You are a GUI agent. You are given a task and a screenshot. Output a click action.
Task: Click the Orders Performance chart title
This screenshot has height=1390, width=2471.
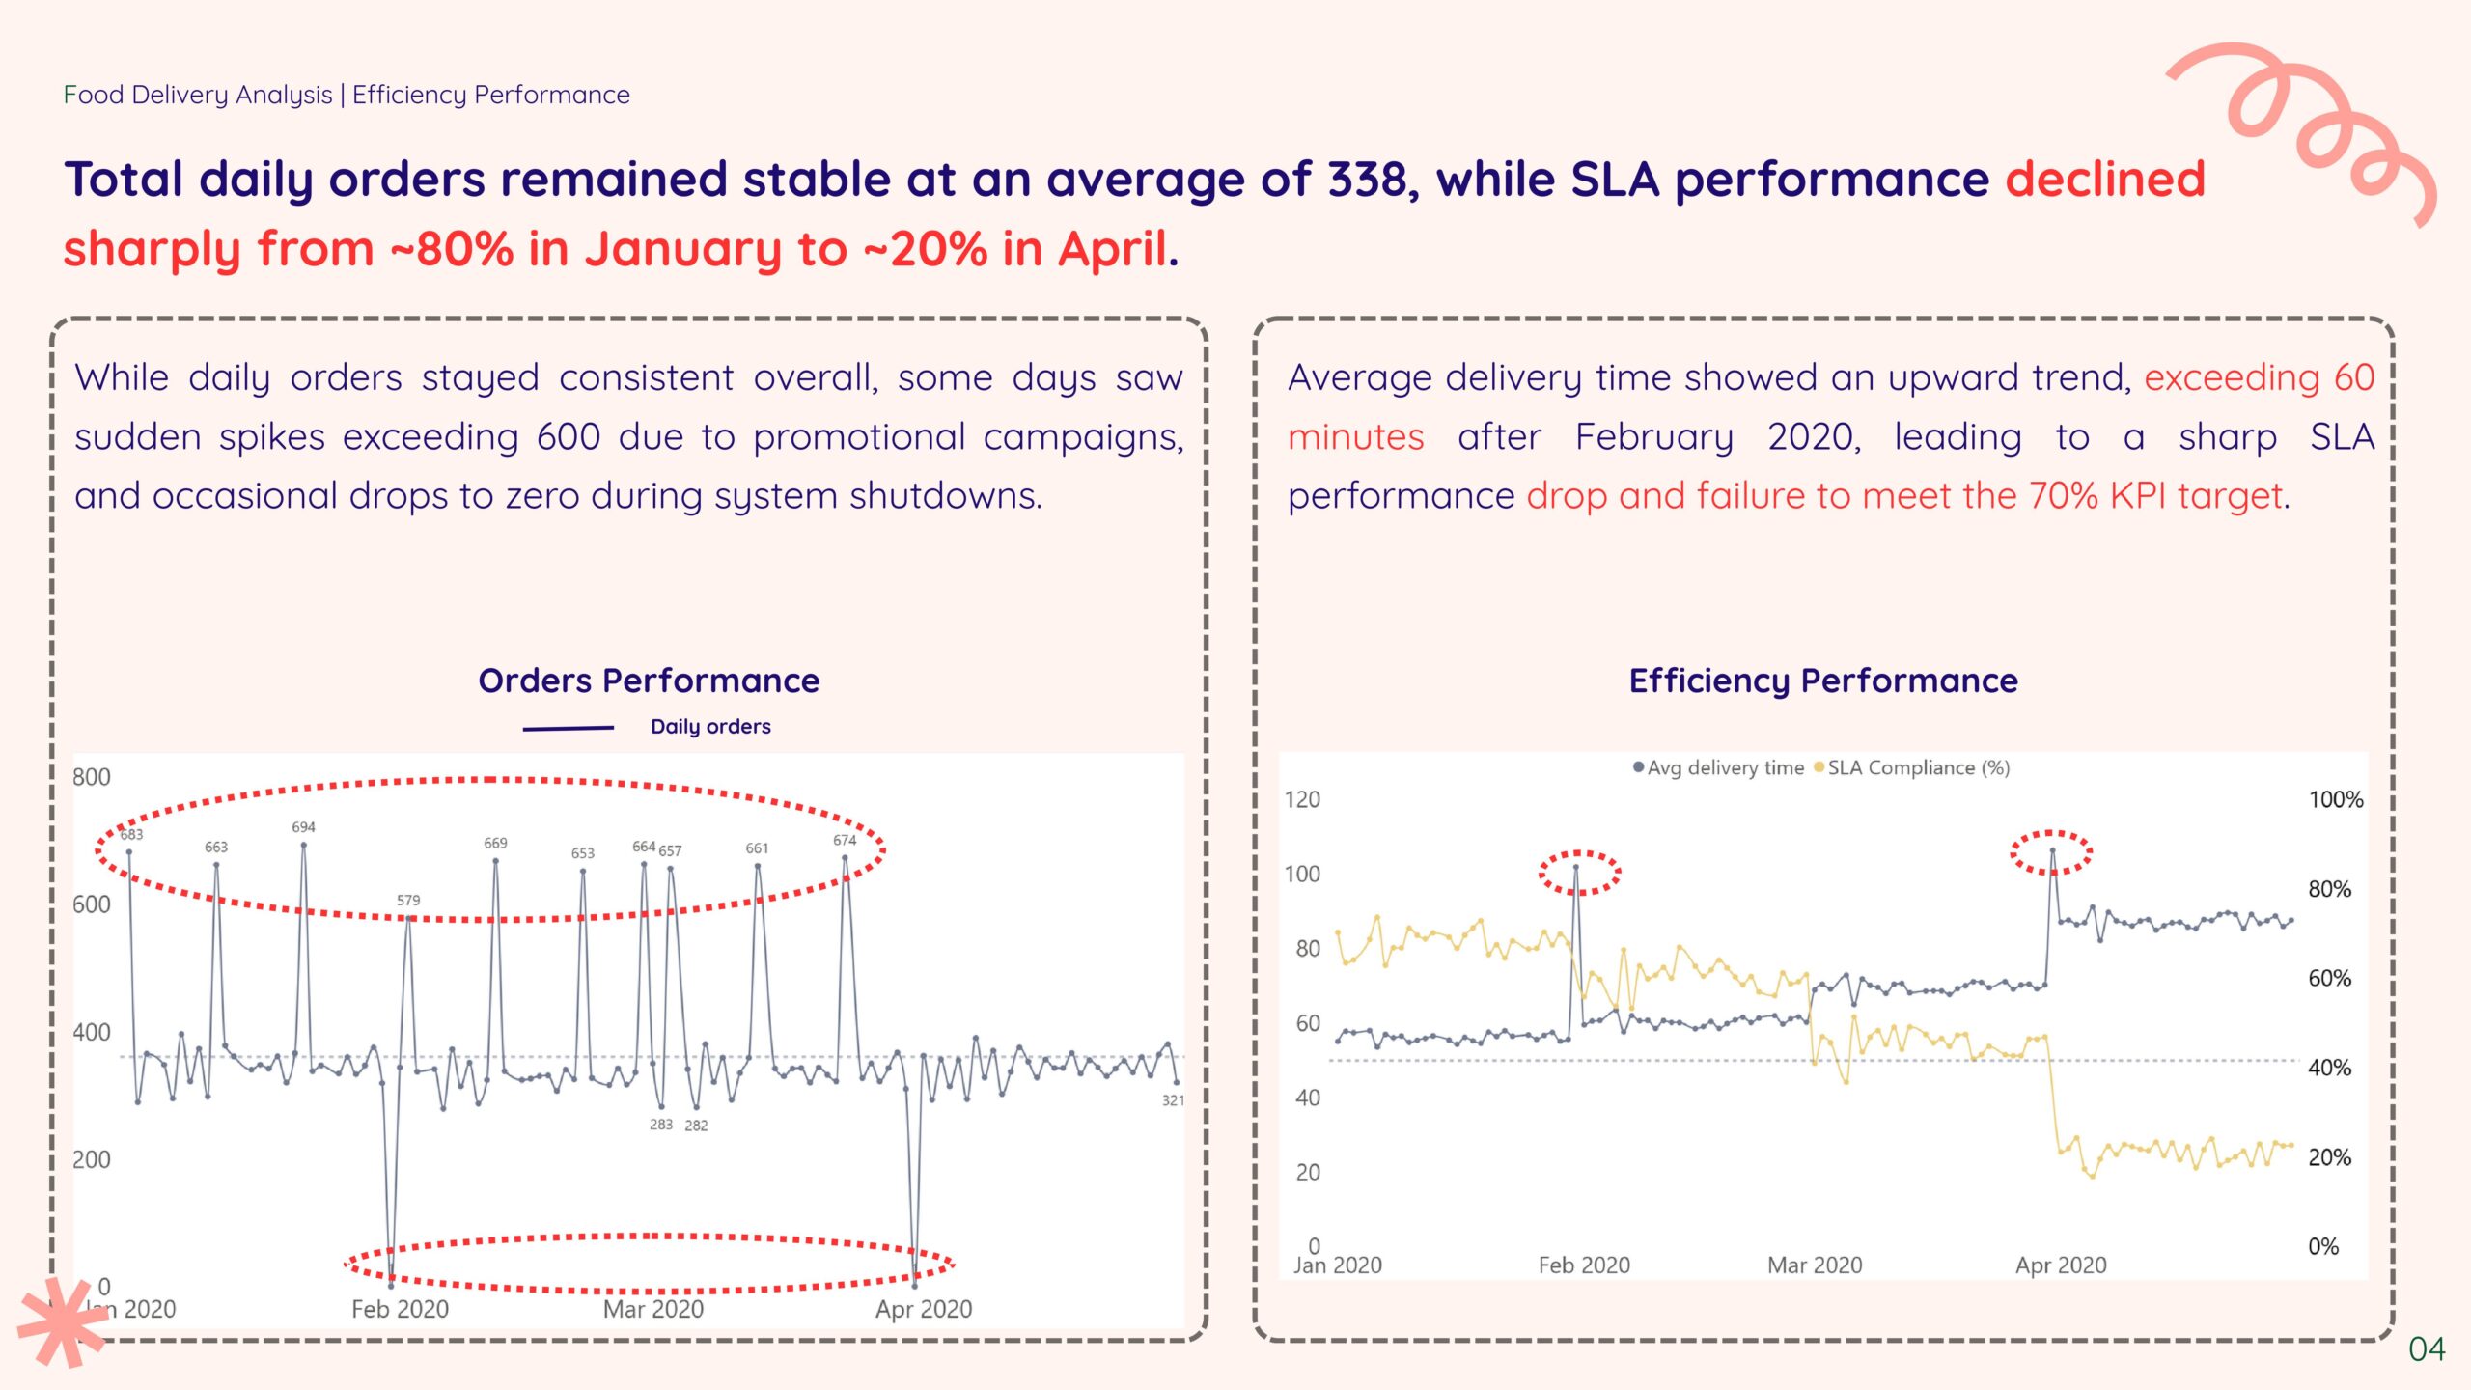pos(649,681)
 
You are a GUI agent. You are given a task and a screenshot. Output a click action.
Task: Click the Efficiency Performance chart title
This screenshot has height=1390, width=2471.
pos(1822,681)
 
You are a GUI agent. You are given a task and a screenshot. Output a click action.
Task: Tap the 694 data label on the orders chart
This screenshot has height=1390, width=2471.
pos(303,827)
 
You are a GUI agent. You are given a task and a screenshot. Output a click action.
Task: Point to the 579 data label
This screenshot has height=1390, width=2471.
pos(408,900)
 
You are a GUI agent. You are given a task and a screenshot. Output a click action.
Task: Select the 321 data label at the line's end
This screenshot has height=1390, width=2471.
pos(1172,1100)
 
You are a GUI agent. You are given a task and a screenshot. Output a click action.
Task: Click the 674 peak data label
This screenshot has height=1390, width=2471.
pos(845,840)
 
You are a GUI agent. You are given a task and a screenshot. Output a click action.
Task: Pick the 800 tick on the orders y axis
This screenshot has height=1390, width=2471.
pos(92,777)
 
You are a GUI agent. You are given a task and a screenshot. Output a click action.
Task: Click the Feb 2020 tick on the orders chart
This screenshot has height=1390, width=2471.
pos(400,1309)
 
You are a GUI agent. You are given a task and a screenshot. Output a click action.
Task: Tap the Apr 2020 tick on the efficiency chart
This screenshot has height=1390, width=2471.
pos(2060,1265)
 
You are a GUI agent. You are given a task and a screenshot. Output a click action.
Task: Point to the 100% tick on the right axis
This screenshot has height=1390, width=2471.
pos(2335,799)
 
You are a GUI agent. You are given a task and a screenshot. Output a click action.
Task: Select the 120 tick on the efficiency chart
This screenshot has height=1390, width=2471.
pos(1302,799)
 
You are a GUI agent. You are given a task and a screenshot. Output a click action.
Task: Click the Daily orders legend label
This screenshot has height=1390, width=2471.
pos(710,727)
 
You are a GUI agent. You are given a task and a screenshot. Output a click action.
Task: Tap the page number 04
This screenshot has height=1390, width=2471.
pos(2427,1348)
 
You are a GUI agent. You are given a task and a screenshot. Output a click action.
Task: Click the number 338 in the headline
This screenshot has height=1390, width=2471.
pos(1372,180)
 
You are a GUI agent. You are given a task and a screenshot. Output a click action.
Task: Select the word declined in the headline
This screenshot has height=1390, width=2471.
pos(2105,180)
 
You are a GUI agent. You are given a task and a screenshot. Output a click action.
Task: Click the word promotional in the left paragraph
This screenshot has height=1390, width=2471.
pos(859,437)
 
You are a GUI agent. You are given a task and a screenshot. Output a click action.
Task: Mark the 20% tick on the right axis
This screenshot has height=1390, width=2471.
pos(2329,1156)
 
